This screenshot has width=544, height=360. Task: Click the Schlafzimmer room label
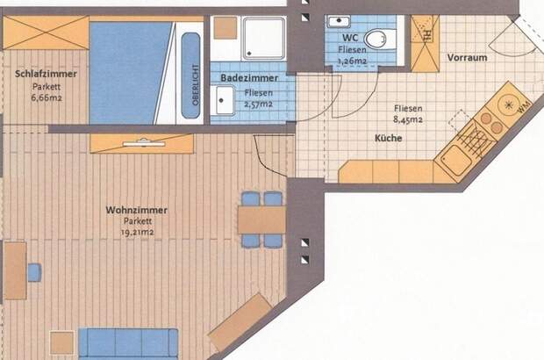coord(47,75)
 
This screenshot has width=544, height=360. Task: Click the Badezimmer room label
coord(249,78)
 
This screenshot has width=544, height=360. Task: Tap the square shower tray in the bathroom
coord(263,39)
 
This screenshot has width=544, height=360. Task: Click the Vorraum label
coord(468,58)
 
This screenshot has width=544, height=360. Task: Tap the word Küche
coord(388,139)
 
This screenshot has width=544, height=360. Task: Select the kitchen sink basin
coord(455,160)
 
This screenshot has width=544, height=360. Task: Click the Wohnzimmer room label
coord(136,210)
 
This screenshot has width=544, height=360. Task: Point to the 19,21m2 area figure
coord(138,233)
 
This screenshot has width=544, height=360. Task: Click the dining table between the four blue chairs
coord(261,219)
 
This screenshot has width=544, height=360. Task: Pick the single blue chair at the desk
coord(34,272)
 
